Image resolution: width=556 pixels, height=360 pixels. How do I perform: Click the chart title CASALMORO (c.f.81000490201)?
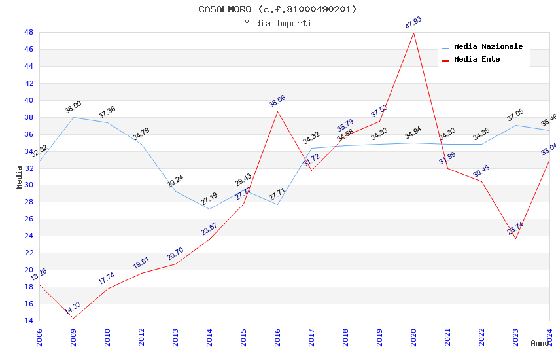pyautogui.click(x=277, y=9)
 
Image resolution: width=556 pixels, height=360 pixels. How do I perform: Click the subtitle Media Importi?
pyautogui.click(x=277, y=23)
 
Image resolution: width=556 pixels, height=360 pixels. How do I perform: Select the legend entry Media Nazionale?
pyautogui.click(x=488, y=47)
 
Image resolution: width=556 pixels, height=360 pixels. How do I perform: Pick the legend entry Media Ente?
pyautogui.click(x=477, y=59)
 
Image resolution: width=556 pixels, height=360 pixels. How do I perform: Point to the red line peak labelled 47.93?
pyautogui.click(x=413, y=33)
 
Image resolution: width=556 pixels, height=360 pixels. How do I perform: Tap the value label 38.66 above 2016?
pyautogui.click(x=277, y=101)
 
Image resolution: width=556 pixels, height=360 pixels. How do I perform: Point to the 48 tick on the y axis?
pyautogui.click(x=29, y=32)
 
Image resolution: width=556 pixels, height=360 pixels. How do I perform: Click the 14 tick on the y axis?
pyautogui.click(x=29, y=321)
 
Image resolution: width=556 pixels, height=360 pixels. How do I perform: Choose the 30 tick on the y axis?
pyautogui.click(x=29, y=185)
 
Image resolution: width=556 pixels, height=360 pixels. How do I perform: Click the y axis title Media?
pyautogui.click(x=20, y=177)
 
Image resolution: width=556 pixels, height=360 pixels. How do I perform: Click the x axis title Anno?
pyautogui.click(x=540, y=343)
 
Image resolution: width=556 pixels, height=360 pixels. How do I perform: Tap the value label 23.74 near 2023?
pyautogui.click(x=515, y=228)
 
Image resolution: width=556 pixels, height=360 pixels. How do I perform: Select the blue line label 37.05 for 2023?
pyautogui.click(x=515, y=117)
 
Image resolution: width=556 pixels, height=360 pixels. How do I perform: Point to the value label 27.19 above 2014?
pyautogui.click(x=209, y=199)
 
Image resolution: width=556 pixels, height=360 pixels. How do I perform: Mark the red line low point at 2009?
pyautogui.click(x=73, y=318)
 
